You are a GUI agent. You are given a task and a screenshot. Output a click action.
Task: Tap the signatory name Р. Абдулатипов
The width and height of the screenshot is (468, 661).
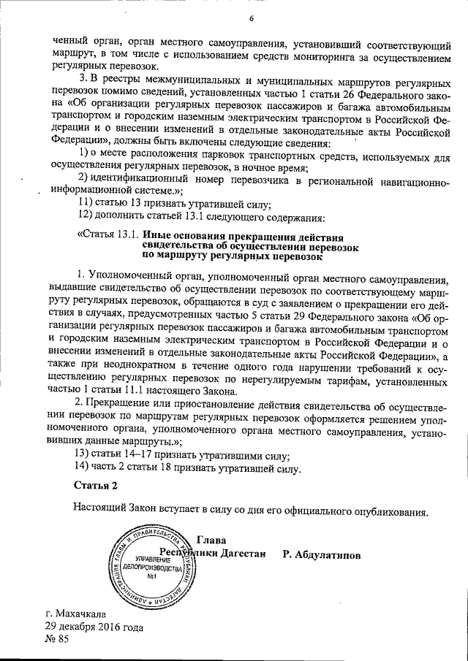(x=321, y=554)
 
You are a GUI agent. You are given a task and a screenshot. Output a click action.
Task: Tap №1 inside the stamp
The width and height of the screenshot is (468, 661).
(x=153, y=578)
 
